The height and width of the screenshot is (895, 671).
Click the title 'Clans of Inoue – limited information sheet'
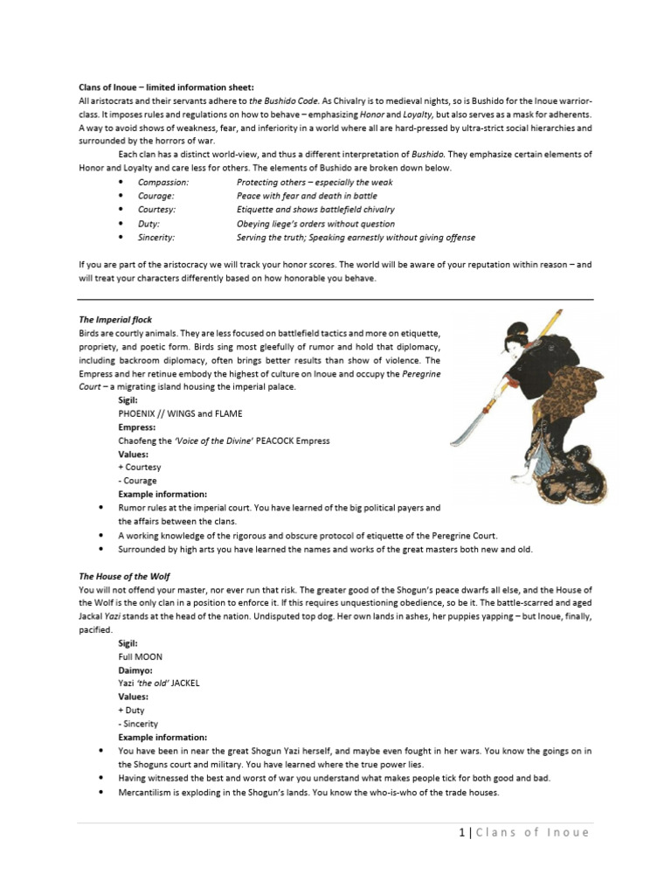[x=166, y=87]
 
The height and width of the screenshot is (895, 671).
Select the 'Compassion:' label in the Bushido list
[x=163, y=182]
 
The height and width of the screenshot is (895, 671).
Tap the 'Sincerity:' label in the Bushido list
[x=156, y=238]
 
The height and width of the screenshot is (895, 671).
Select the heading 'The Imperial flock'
[x=115, y=320]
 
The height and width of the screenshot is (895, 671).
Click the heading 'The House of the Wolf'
[x=124, y=577]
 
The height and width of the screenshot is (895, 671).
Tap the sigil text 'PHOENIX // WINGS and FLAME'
[x=180, y=413]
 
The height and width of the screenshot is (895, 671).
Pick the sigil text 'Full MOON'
[x=141, y=656]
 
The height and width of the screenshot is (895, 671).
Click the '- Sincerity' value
[x=139, y=725]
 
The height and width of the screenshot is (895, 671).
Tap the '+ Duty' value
[x=133, y=711]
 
